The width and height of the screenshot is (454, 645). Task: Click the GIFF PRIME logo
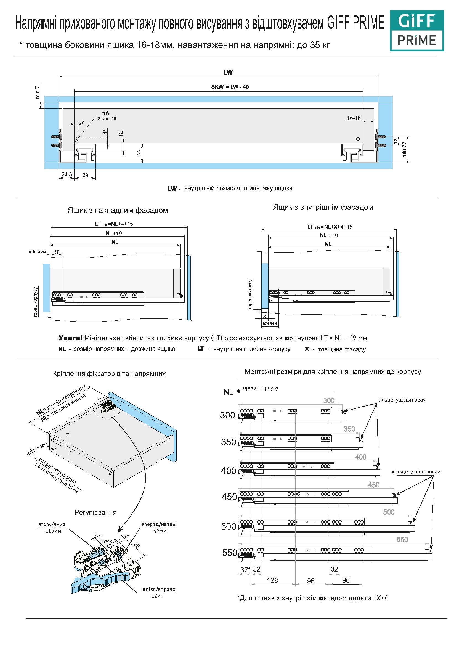coord(417,31)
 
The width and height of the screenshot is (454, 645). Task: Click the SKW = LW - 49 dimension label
coord(230,87)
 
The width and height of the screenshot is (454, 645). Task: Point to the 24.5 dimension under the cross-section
coord(67,174)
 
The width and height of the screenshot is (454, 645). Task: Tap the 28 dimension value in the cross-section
coord(140,153)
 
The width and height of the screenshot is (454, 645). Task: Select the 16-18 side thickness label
coord(354,118)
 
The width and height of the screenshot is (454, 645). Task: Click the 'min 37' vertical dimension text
coord(404,149)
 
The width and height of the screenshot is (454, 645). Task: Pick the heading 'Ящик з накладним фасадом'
coord(118,210)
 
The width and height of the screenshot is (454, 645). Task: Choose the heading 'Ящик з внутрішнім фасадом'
coord(323,207)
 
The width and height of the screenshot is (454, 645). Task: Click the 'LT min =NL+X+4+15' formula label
coord(330,227)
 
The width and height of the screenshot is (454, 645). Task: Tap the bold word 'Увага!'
coord(70,338)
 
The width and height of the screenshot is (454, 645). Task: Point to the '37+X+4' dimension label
coord(269,323)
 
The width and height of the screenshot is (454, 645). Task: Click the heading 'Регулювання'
coord(95,513)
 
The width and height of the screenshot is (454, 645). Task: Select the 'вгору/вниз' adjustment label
coord(52,524)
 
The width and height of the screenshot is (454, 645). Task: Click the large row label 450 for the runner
coord(229,497)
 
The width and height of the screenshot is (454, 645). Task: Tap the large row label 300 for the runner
coord(228,415)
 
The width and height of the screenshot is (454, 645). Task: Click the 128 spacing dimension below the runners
coord(272,580)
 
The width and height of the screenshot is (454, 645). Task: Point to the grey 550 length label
coord(402,539)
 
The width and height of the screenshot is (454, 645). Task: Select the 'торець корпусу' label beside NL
coord(259,388)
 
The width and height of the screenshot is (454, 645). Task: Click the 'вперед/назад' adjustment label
coord(158,524)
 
